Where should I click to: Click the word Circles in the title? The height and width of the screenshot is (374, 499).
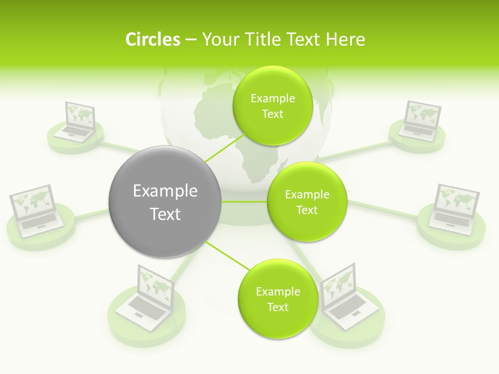pos(152,39)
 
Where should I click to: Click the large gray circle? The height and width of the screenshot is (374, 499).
pos(165,202)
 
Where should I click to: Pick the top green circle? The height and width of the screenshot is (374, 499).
pos(272,105)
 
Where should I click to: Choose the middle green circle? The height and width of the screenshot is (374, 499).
pos(307,202)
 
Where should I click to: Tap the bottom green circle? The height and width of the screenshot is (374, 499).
pos(278,299)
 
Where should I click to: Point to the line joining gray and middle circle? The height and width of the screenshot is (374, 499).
pos(244,202)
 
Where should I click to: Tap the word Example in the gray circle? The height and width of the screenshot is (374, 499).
pos(165,191)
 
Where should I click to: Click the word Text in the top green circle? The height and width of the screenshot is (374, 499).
pos(272,114)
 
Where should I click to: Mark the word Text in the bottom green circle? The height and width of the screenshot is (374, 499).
pos(278,307)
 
